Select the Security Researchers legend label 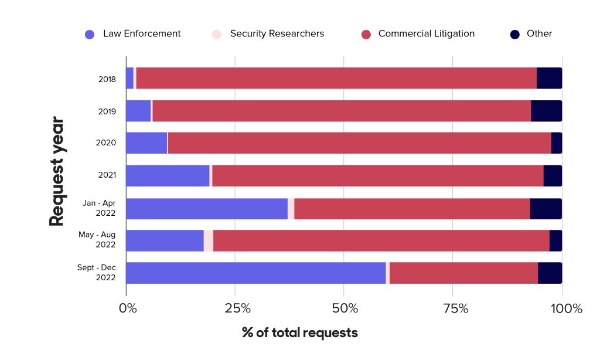tap(277, 34)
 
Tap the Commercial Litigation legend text tap(426, 34)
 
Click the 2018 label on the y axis tap(107, 79)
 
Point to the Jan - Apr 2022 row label tap(99, 208)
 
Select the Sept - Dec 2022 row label tap(97, 273)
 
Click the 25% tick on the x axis tap(235, 308)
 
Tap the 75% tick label tap(452, 308)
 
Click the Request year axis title tap(56, 172)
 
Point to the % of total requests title tap(299, 333)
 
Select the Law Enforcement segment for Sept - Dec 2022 tap(255, 273)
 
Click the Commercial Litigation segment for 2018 tap(336, 79)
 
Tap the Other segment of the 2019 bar tap(546, 111)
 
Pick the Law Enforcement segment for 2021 tap(168, 176)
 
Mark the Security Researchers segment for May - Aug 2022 tap(209, 241)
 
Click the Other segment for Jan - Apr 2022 tap(546, 209)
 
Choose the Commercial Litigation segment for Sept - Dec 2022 tap(463, 273)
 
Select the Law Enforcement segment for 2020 tap(146, 143)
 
